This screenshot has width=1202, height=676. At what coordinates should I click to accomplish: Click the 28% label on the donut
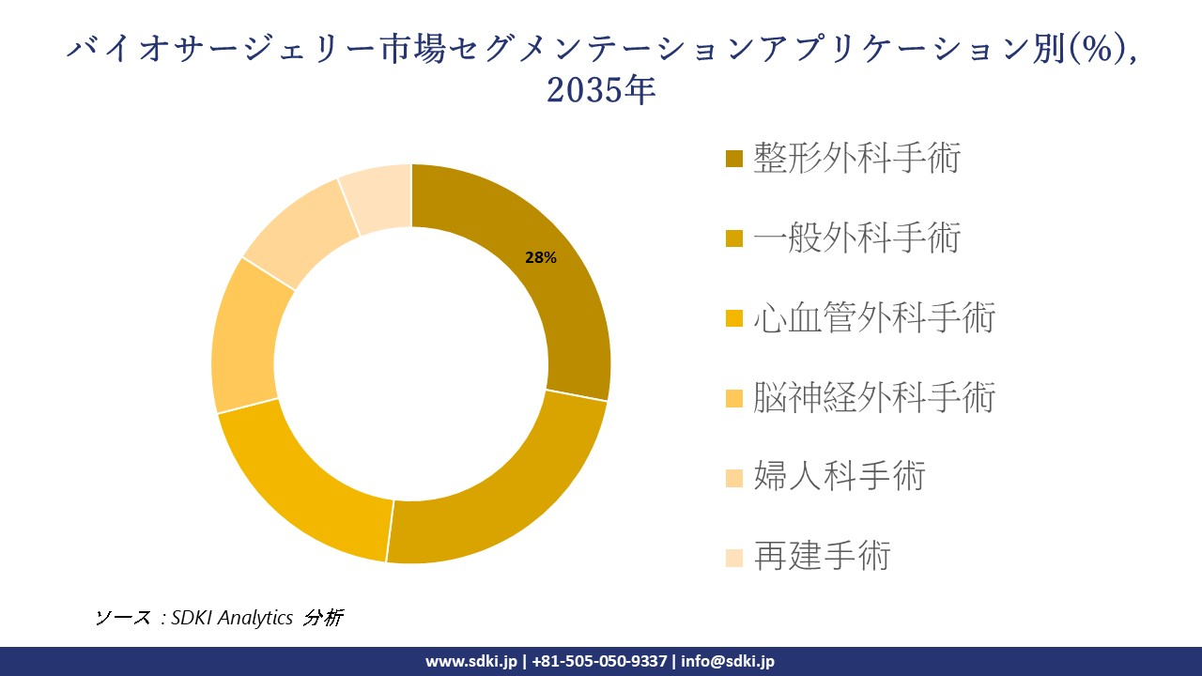[x=541, y=258]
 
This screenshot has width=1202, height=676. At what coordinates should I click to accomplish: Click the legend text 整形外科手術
[x=856, y=159]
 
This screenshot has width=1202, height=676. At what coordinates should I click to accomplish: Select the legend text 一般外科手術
[x=856, y=238]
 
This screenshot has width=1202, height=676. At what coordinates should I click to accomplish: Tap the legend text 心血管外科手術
[x=873, y=318]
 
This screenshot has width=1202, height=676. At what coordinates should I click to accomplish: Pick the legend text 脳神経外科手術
[x=873, y=398]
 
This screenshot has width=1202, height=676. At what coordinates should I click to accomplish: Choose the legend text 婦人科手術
[x=840, y=477]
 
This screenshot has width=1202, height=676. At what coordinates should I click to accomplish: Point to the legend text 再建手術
[x=822, y=557]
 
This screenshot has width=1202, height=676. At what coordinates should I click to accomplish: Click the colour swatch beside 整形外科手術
[x=734, y=160]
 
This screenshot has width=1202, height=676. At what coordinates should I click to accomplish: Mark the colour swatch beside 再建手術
[x=734, y=558]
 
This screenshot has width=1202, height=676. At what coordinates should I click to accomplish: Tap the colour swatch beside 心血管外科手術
[x=734, y=319]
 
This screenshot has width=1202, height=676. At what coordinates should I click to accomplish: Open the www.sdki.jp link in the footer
[x=471, y=661]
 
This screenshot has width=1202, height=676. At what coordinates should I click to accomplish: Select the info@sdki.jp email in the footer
[x=728, y=661]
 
